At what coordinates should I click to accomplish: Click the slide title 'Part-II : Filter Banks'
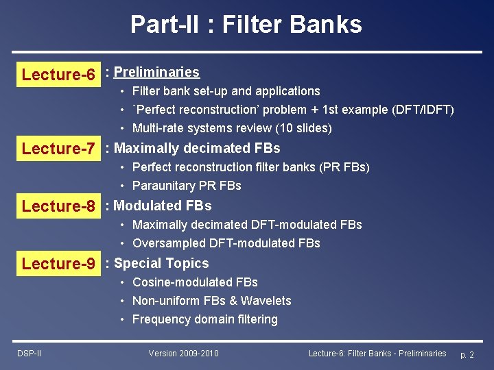pos(246,25)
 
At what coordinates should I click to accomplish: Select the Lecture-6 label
pos(58,75)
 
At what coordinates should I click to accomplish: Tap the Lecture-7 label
pos(58,149)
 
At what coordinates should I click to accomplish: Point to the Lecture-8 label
pos(58,206)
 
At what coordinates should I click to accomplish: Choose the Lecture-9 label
pos(58,264)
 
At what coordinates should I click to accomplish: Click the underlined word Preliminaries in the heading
pos(156,72)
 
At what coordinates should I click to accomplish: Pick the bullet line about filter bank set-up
pos(226,91)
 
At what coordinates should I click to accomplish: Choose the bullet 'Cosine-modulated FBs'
pos(195,282)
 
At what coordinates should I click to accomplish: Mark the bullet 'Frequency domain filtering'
pos(204,319)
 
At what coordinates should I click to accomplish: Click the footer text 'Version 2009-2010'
pos(183,353)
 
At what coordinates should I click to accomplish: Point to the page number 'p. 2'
pos(467,354)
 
